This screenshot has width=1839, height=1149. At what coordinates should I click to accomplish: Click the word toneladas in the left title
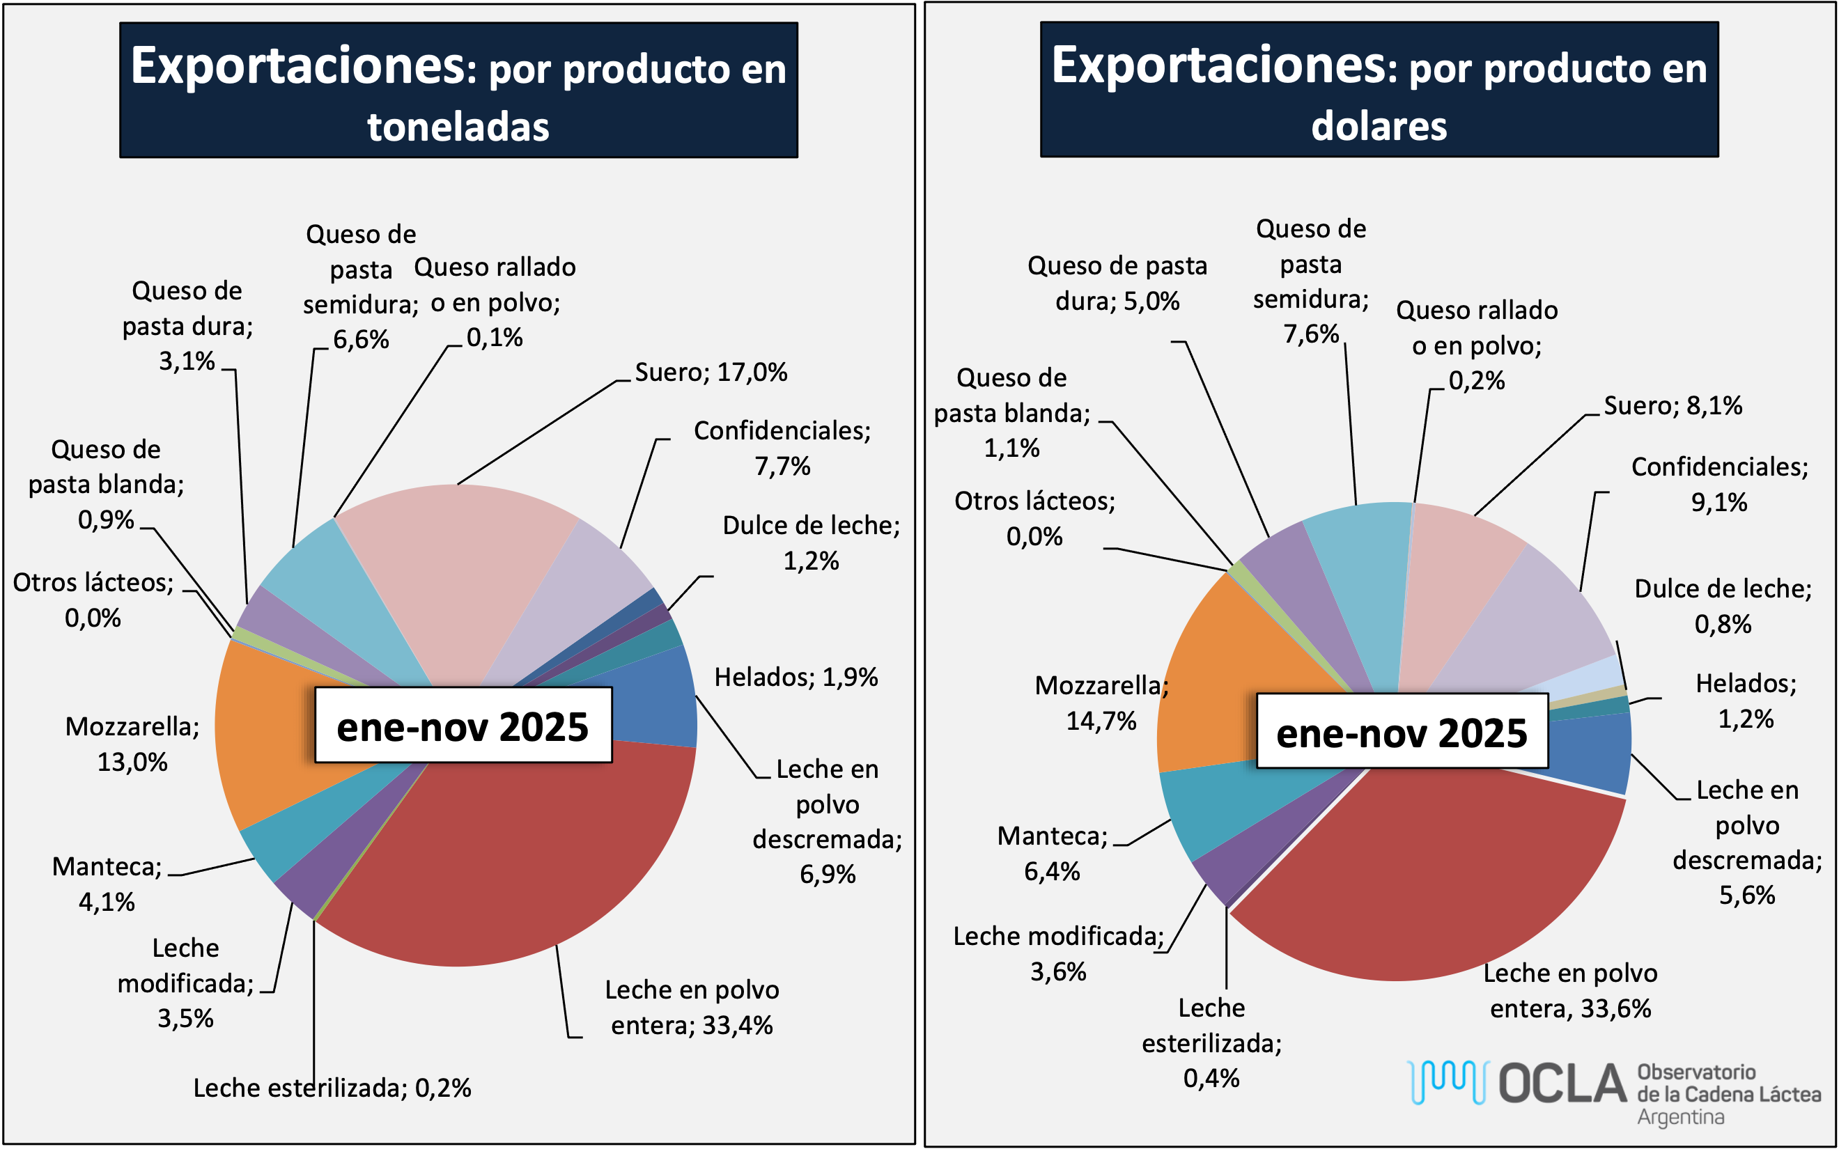(458, 127)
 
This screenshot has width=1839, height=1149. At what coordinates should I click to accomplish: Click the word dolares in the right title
(1379, 126)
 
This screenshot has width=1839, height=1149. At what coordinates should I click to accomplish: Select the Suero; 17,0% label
(711, 373)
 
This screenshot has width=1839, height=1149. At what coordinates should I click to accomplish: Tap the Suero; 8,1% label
(1673, 406)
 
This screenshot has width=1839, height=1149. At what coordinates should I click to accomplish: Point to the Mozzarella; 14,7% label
(1101, 703)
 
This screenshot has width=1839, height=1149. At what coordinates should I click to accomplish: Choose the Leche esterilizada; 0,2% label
(332, 1088)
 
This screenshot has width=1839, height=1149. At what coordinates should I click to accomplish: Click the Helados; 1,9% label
(796, 677)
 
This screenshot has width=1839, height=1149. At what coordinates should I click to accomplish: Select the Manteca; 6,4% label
(1053, 853)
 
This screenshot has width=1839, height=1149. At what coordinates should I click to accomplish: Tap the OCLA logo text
(1562, 1084)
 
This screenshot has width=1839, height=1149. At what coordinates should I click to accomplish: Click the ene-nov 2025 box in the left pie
(463, 726)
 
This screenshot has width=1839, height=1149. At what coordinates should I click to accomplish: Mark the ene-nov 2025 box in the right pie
(1402, 732)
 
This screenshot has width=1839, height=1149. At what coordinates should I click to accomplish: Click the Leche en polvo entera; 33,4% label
(692, 1008)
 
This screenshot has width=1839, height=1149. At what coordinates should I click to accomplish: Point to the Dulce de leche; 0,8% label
(1723, 607)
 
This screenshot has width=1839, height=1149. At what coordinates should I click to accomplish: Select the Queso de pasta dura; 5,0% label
(1117, 283)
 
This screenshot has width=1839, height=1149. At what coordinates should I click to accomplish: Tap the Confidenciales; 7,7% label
(782, 448)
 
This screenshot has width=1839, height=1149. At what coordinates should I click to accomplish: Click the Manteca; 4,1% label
(107, 884)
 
